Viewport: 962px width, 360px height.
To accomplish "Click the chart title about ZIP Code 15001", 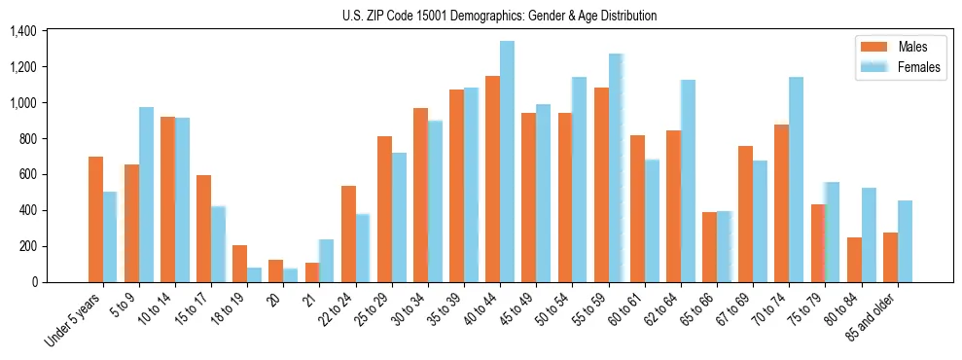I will point(499,16).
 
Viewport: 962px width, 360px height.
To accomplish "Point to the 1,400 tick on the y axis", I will point(22,32).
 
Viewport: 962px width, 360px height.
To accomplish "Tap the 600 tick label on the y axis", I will point(26,175).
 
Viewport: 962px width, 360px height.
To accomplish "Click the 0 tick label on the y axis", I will point(33,282).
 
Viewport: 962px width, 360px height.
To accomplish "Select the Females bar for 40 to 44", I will point(507,162).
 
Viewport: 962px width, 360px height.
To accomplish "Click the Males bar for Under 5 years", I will point(95,219).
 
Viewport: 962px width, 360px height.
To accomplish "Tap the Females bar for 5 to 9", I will point(146,195).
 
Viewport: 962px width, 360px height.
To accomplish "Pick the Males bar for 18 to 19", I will point(240,264).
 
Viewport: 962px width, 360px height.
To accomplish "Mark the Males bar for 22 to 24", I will point(348,234).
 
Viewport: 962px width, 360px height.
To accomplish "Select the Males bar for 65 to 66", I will point(710,247).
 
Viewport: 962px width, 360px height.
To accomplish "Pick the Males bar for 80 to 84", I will point(854,260).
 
